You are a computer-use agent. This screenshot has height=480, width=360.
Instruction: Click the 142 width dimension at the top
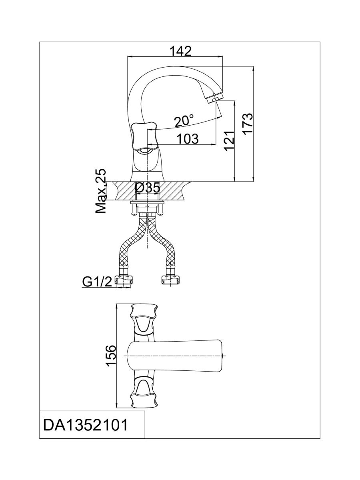click(x=180, y=51)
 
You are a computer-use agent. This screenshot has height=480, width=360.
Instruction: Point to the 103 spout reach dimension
click(x=187, y=139)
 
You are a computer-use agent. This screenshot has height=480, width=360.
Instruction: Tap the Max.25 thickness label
click(x=101, y=191)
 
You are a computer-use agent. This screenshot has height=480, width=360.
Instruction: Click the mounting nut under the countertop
click(x=147, y=209)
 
